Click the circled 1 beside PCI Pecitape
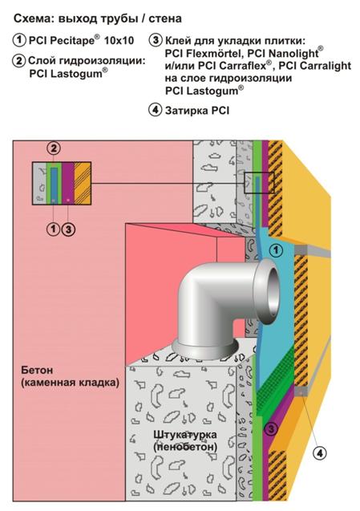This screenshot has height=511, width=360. click(19, 40)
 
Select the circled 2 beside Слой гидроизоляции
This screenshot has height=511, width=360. click(19, 61)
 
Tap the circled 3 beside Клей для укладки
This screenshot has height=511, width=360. click(156, 40)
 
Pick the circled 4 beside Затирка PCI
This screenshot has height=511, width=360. click(156, 110)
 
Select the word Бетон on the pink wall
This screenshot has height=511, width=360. click(37, 370)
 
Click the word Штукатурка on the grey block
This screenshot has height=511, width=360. click(185, 435)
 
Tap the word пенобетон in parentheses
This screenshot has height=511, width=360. click(185, 447)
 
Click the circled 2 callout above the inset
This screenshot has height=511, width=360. click(54, 148)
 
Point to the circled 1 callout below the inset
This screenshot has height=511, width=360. click(53, 229)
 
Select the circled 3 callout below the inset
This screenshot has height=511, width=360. click(68, 229)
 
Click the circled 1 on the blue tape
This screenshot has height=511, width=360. click(277, 250)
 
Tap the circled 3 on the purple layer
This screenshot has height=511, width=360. click(272, 428)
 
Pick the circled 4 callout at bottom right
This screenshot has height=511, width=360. click(320, 452)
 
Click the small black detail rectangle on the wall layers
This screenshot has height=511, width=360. click(259, 183)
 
